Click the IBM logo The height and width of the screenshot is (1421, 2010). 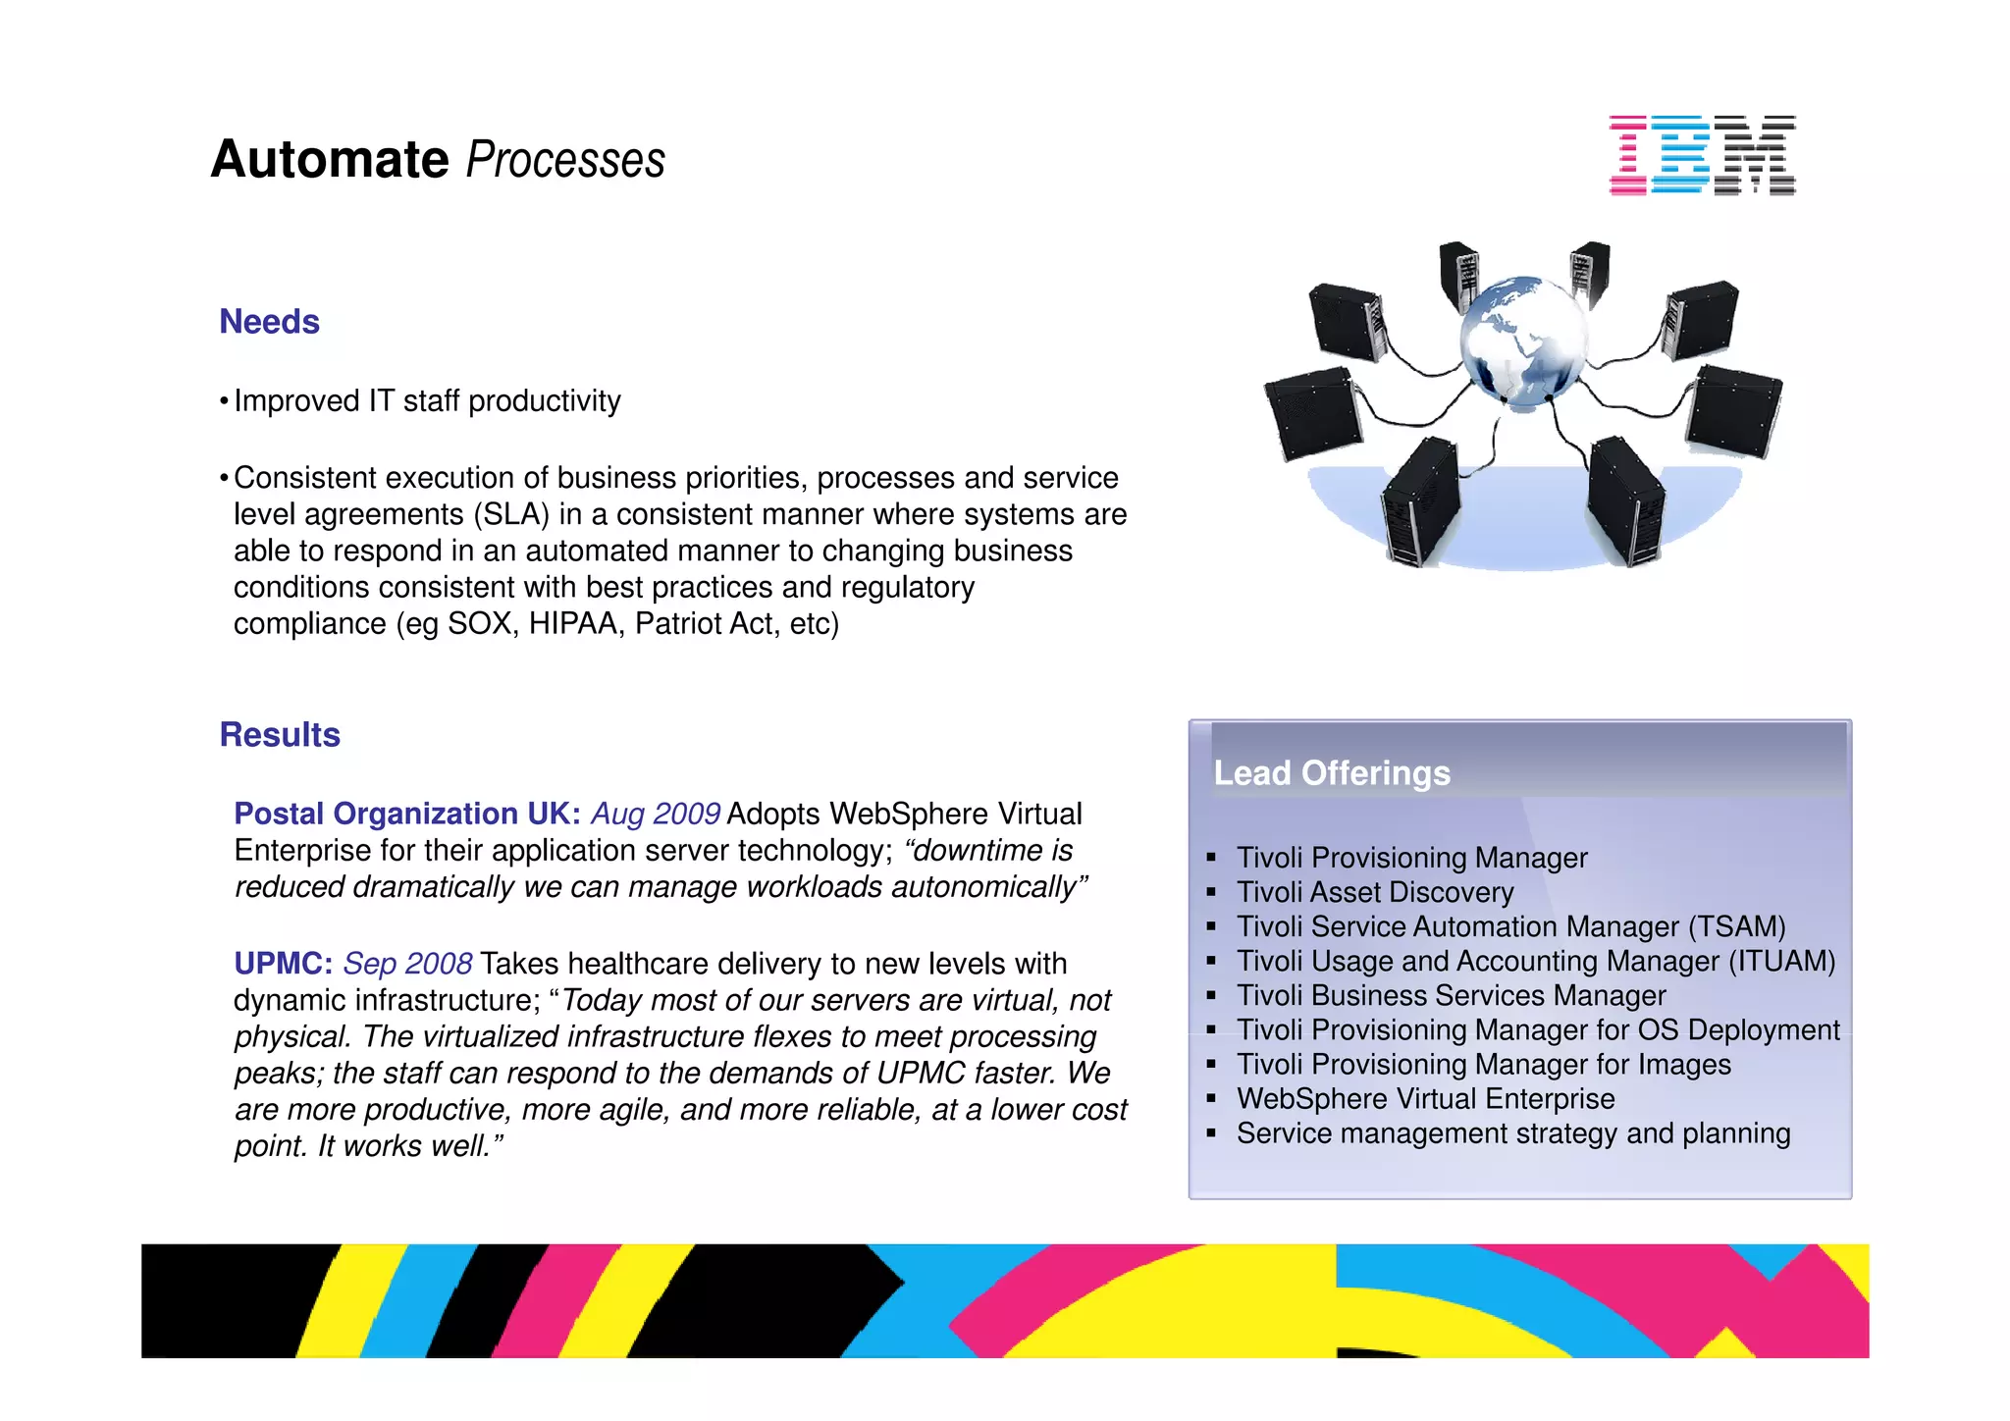pos(1702,155)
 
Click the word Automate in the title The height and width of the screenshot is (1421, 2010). pos(330,159)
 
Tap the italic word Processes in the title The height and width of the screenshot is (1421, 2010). pos(565,161)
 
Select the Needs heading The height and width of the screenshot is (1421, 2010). pos(269,322)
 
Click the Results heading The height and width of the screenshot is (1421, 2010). pos(280,735)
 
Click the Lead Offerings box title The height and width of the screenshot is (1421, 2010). pos(1332,773)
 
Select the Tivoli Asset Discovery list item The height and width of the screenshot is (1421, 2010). pos(1374,892)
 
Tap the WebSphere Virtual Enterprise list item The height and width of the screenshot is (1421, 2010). pos(1425,1098)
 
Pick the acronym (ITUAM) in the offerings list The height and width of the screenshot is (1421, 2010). pos(1781,961)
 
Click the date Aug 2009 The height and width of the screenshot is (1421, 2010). pos(656,814)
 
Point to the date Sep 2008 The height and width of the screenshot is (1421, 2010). pos(407,964)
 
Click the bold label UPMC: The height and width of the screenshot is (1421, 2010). pos(283,964)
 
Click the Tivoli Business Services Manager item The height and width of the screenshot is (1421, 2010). pos(1451,995)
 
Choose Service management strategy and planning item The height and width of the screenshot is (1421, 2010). pos(1512,1133)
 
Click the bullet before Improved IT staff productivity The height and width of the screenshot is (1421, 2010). pos(224,401)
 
